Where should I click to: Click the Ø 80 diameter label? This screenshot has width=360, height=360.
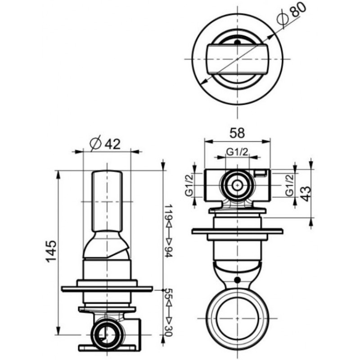(x=292, y=13)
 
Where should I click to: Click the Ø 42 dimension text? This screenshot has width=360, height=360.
(x=105, y=144)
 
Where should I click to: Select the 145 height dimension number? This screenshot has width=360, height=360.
(x=51, y=252)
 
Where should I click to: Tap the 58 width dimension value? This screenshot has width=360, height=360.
(x=237, y=133)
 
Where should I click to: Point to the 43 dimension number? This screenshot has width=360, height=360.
(x=306, y=193)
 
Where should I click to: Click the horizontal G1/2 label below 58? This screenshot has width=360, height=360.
(x=237, y=152)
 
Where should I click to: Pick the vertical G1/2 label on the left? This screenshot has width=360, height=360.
(x=189, y=185)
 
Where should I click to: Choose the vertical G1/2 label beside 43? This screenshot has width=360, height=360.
(x=290, y=185)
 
